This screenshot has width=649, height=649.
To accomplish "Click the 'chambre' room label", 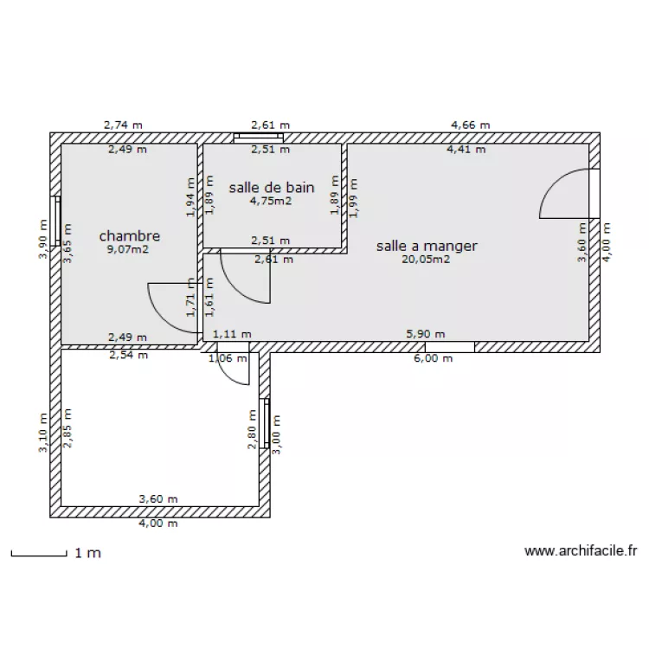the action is coord(130,236).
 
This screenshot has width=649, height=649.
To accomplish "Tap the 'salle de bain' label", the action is coord(272,188).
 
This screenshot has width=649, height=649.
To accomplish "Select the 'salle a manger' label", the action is coord(427,246).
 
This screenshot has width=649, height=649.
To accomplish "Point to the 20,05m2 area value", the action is coord(426,259).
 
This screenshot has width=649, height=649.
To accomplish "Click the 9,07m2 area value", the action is coord(128,249).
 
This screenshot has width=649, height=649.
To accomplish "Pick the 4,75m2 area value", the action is coord(271,201).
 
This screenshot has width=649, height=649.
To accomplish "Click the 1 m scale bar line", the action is coord(39,555).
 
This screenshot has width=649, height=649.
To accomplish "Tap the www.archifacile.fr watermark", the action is coord(581,551).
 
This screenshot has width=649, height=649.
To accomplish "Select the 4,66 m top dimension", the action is coord(470,125).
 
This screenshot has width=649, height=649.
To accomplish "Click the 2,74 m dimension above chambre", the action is coord(123,125).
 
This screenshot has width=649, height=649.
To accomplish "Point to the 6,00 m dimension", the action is coord(433,358).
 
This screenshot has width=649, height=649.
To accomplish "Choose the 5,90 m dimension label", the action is coord(426,334).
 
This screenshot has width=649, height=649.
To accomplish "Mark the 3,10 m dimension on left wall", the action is coord(43,433).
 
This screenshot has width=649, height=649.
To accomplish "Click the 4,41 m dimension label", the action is coord(466,149).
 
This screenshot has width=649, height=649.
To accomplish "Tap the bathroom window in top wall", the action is coord(259,138).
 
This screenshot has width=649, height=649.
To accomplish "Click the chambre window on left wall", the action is coord(55,221).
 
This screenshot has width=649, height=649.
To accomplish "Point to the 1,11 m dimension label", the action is coord(232,334).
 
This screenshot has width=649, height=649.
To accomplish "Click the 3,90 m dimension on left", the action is coord(43,239).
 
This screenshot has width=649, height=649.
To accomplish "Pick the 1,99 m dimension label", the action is coord(354,198).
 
